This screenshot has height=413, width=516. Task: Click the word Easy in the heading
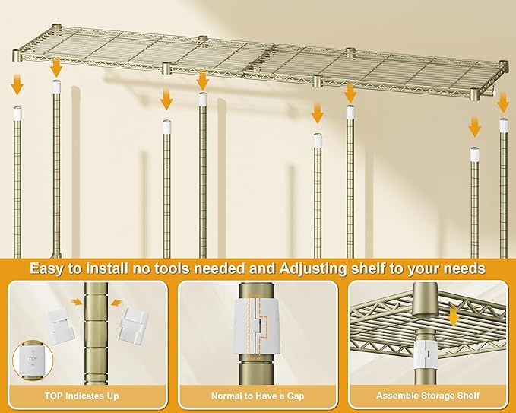pyautogui.click(x=46, y=268)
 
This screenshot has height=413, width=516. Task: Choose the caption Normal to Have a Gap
pyautogui.click(x=258, y=396)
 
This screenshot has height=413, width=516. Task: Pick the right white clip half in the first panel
pyautogui.click(x=134, y=327)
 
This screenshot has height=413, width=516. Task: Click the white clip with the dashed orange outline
pyautogui.click(x=258, y=326)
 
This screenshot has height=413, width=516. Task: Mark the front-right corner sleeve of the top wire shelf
pyautogui.click(x=475, y=95)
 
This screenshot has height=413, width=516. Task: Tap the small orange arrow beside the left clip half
pyautogui.click(x=77, y=303)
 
